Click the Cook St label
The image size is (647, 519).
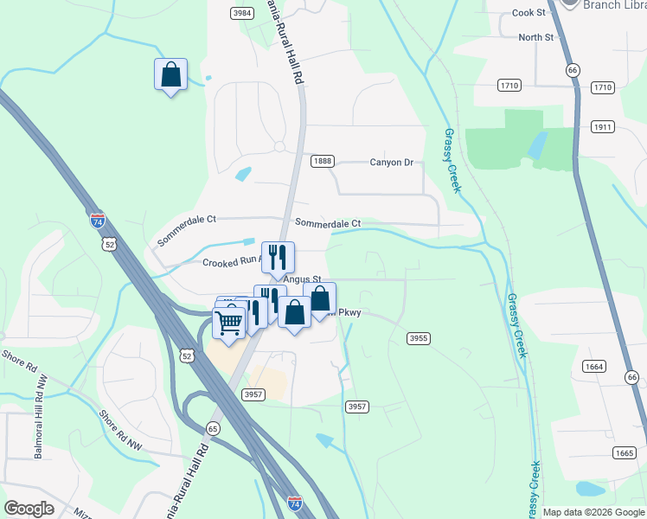(x=529, y=13)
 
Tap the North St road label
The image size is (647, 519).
(x=535, y=37)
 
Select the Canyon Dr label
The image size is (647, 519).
(x=392, y=162)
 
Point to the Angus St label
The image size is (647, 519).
(x=299, y=279)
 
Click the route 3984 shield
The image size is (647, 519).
(x=242, y=13)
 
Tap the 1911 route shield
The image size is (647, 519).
(x=603, y=126)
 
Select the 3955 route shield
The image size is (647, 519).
(x=419, y=338)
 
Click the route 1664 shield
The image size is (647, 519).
(x=594, y=368)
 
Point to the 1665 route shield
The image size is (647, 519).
(x=623, y=453)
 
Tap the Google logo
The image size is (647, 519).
(x=30, y=509)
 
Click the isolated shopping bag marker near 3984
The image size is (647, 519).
(x=170, y=74)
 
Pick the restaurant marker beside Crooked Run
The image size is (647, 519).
(x=278, y=257)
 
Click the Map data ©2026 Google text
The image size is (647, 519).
(x=593, y=512)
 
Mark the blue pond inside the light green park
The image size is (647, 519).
(x=536, y=144)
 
